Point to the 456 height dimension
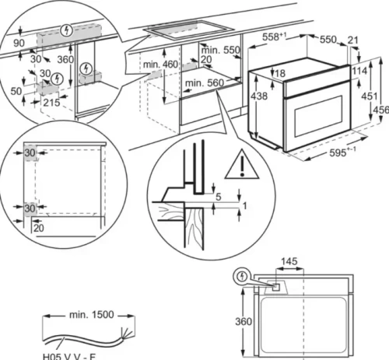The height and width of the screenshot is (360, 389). click(380, 110)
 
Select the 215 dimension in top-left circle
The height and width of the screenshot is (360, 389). click(51, 102)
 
